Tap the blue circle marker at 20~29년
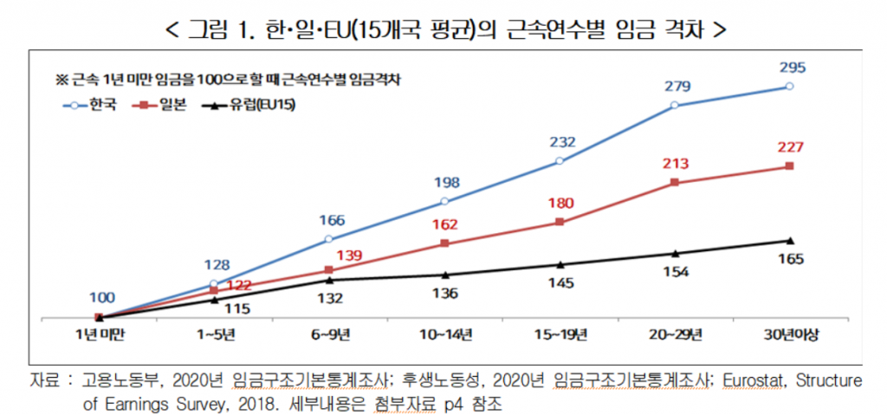(x=675, y=106)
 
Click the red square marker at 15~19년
(x=560, y=222)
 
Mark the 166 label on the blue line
(x=330, y=220)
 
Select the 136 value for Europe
(x=444, y=292)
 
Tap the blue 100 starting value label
(x=100, y=297)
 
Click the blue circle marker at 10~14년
(x=444, y=201)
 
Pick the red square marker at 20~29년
(x=675, y=183)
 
